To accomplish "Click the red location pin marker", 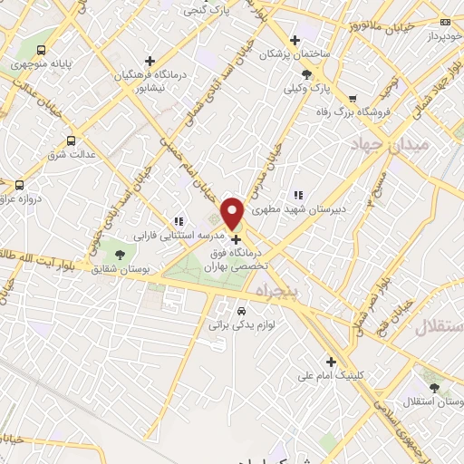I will [233, 213].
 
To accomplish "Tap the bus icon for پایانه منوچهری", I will [42, 51].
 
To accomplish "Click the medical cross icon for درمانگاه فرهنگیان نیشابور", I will [150, 61].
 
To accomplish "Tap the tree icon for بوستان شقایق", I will [120, 253].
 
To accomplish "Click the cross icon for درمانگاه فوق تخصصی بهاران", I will [237, 240].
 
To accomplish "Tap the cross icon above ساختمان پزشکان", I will [294, 39].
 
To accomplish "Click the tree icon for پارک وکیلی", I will [307, 74].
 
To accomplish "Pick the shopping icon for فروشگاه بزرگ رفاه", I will [353, 99].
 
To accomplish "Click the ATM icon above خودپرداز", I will [444, 22].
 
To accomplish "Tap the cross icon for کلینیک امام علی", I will [332, 362].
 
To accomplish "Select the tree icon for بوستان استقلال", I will [436, 387].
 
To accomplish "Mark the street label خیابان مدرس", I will [259, 164].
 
